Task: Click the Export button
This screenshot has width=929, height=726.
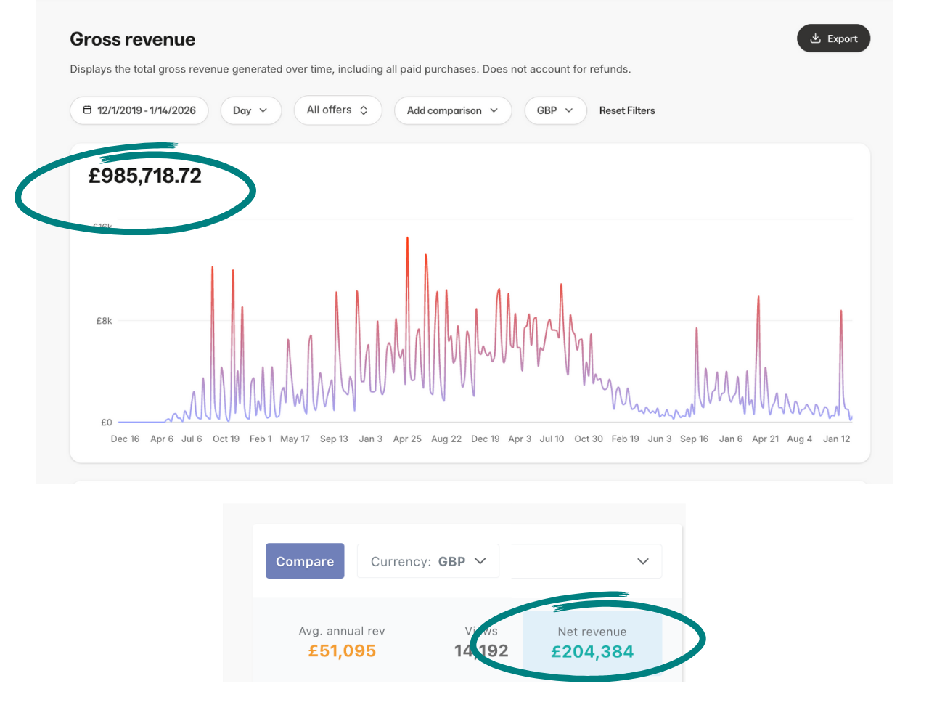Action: coord(833,38)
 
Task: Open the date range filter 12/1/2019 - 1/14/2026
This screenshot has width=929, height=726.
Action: coord(139,110)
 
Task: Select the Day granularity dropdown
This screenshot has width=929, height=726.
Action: coord(250,110)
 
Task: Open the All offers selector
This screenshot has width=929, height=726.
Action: coord(337,110)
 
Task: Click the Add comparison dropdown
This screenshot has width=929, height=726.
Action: coord(452,110)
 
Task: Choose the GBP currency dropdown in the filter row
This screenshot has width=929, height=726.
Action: coord(555,110)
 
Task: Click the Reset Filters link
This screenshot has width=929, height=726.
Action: coord(627,110)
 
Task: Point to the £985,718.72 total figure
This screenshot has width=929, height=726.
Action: coord(145,176)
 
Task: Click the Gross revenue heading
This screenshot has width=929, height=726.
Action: coord(132,39)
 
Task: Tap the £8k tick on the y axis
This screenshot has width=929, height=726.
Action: coord(105,321)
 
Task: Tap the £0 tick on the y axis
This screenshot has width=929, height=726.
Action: coord(106,423)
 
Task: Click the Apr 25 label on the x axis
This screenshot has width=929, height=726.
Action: coord(407,439)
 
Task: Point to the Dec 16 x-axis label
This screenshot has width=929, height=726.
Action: coord(125,439)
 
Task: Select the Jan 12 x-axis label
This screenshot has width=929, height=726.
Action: coord(836,439)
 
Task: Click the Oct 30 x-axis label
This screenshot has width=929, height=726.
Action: coord(589,439)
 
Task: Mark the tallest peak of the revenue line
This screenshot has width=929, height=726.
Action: coord(407,237)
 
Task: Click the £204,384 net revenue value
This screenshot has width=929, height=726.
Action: coord(592,651)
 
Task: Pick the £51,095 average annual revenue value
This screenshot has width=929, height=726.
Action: coord(342,650)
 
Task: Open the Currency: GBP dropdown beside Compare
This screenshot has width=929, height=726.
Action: coord(428,561)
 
